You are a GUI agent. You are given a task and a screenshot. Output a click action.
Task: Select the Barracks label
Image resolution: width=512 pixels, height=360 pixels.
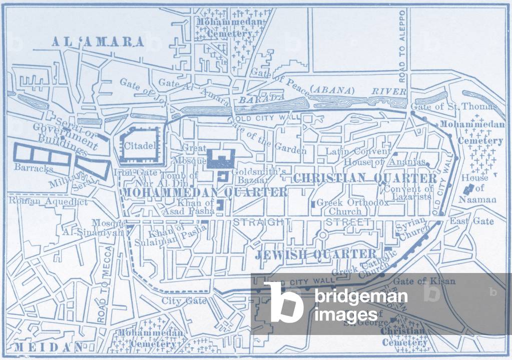[34, 168]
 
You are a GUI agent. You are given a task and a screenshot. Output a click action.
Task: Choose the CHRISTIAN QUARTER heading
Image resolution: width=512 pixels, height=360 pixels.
[365, 178]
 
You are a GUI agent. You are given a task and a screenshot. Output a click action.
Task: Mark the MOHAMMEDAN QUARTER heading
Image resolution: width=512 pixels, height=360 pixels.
[205, 192]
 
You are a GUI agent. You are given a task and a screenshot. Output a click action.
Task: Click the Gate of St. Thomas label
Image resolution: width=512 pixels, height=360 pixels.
[453, 106]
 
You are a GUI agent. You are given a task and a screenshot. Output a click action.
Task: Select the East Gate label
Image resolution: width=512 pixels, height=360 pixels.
[471, 221]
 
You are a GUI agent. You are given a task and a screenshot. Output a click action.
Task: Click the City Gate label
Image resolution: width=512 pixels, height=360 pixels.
[184, 301]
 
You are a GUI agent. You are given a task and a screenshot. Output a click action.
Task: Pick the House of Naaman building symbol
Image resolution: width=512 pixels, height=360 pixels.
[469, 189]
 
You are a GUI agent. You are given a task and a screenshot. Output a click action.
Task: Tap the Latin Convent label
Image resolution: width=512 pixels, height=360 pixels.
[358, 151]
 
